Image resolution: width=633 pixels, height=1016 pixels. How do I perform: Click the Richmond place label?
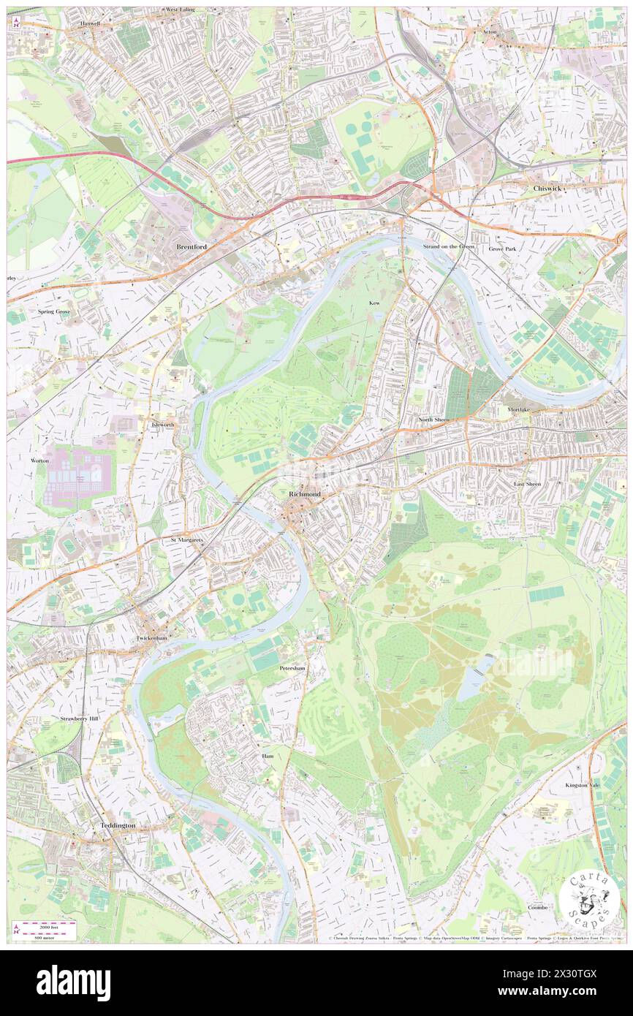point(305,495)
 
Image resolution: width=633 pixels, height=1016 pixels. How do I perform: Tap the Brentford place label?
point(192,247)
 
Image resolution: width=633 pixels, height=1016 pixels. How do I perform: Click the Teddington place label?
point(117,825)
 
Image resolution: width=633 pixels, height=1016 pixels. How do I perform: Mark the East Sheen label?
point(526,485)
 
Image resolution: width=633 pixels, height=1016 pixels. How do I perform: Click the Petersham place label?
point(292,668)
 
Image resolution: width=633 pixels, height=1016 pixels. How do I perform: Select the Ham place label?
point(268,756)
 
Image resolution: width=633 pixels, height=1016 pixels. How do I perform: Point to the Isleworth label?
point(162,425)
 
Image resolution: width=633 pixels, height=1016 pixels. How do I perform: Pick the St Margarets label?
point(186,540)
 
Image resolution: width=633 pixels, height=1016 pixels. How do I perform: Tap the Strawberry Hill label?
point(81,719)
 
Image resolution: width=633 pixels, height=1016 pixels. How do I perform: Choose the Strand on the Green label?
point(449,247)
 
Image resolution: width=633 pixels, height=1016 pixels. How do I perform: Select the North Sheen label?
point(434,420)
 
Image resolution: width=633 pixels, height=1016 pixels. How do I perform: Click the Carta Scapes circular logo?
point(589,899)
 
